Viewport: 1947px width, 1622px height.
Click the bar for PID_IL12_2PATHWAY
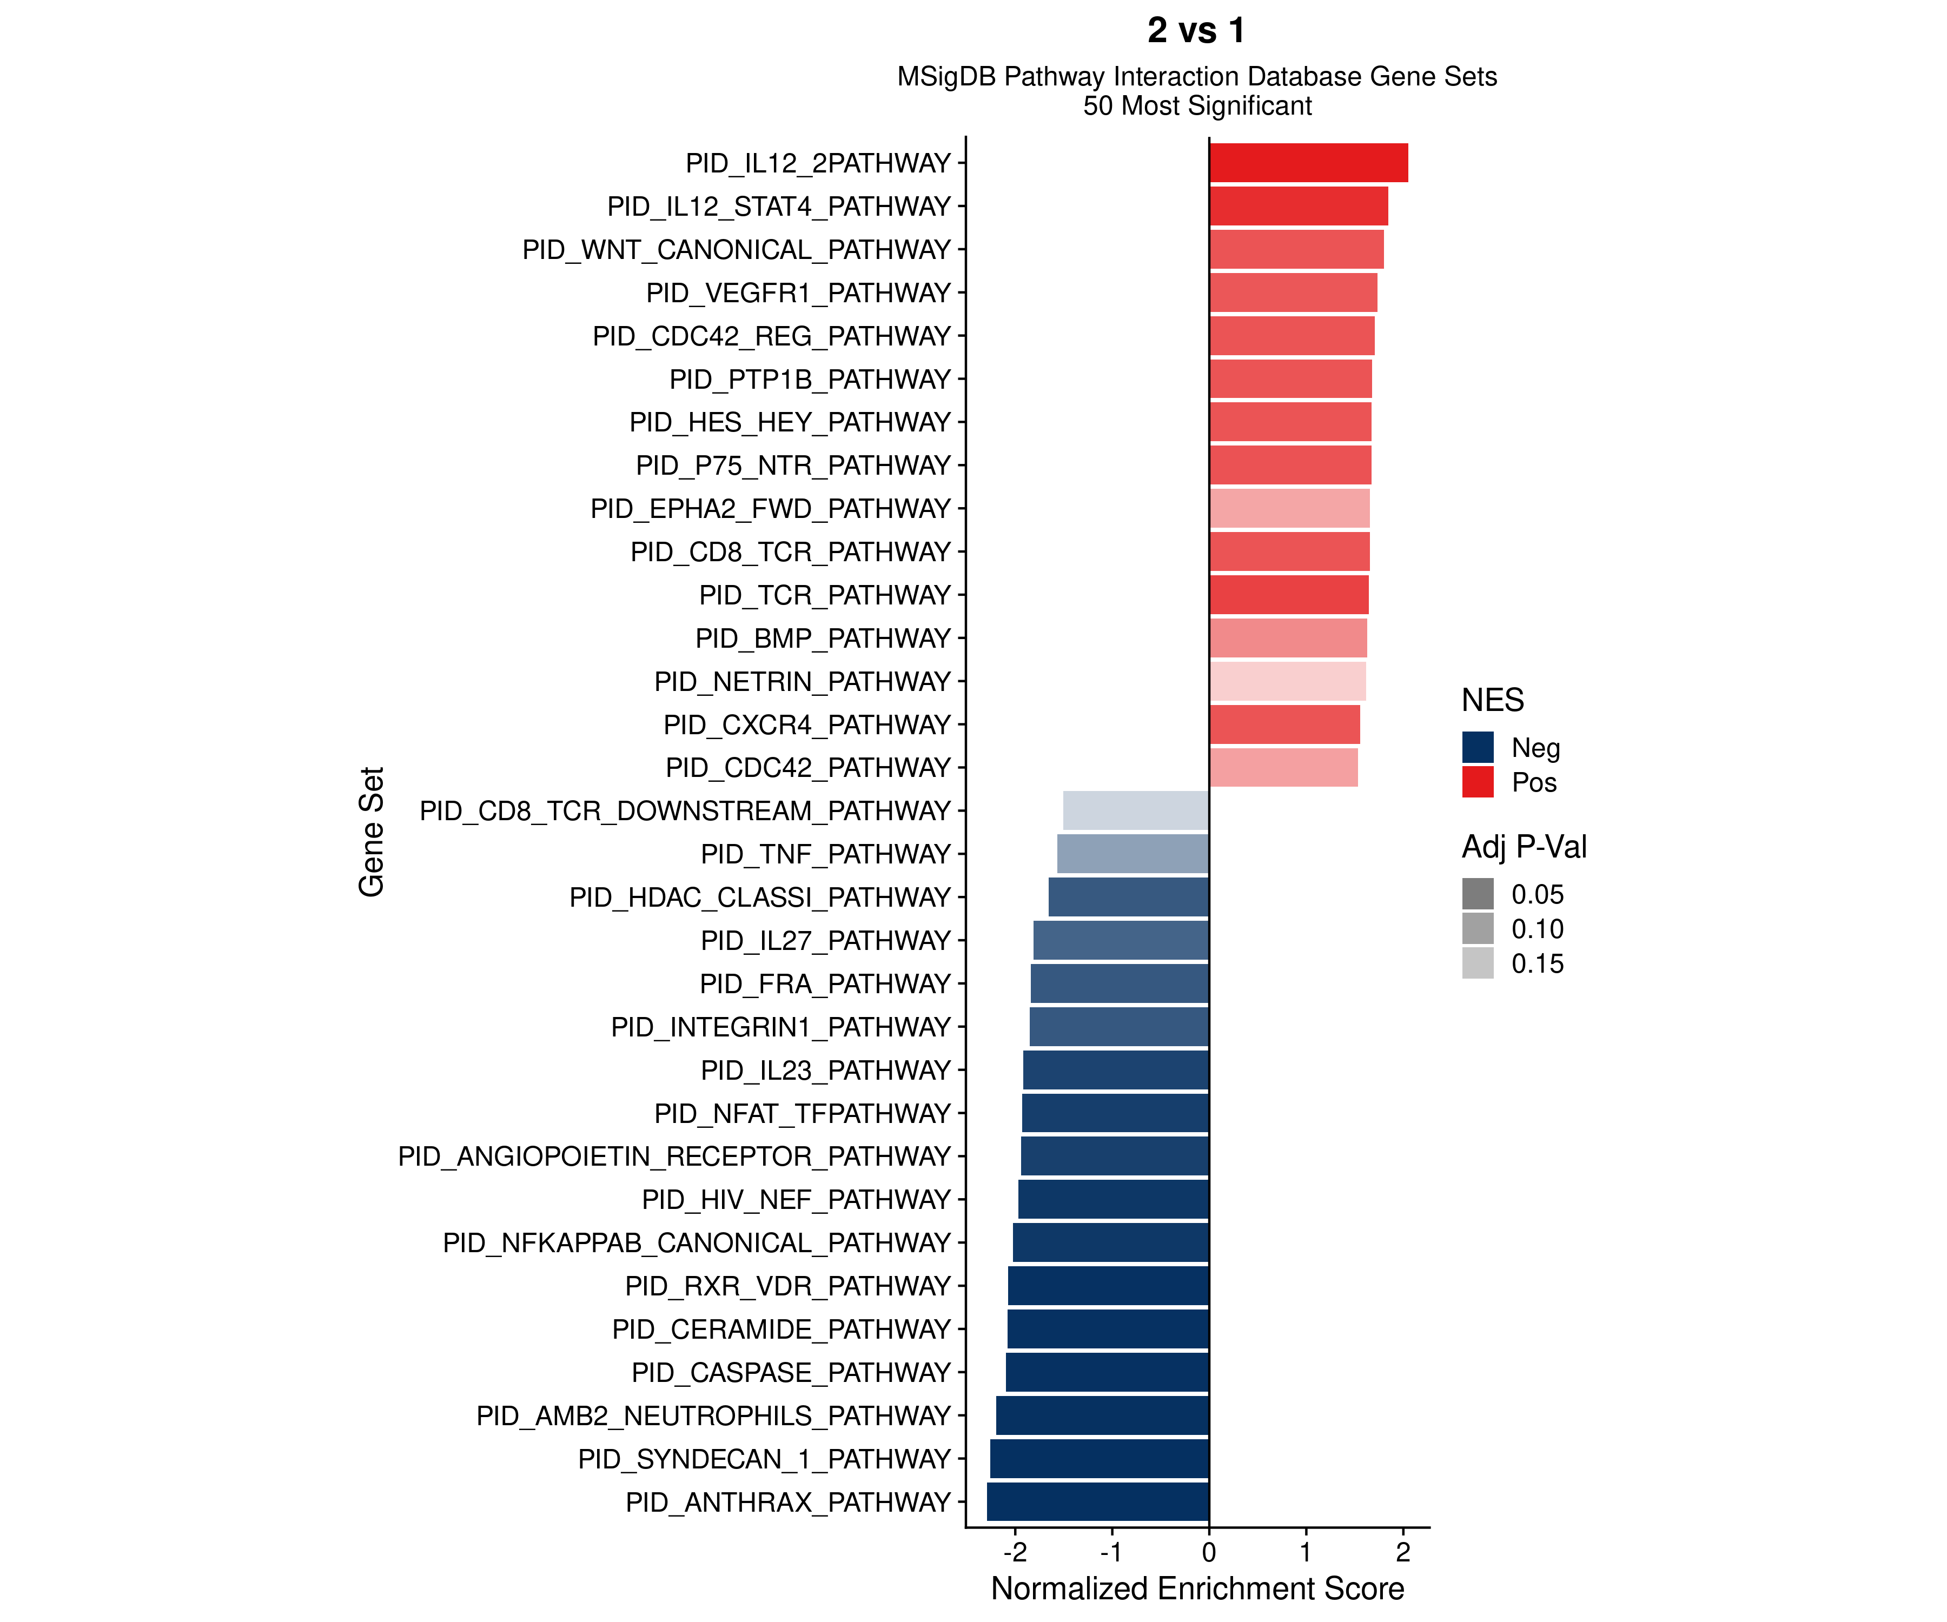(1308, 163)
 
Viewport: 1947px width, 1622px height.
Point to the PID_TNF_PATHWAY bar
(1133, 854)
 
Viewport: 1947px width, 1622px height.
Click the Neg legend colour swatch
(1478, 747)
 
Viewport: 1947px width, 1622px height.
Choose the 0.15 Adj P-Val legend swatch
(1478, 963)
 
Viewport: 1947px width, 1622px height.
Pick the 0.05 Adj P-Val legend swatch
(1478, 894)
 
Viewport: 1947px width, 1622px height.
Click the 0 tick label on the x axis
(1209, 1552)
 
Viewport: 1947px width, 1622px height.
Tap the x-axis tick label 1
(1306, 1552)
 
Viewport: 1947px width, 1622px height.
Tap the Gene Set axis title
(371, 832)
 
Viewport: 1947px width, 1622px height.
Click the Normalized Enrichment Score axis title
(1197, 1588)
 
